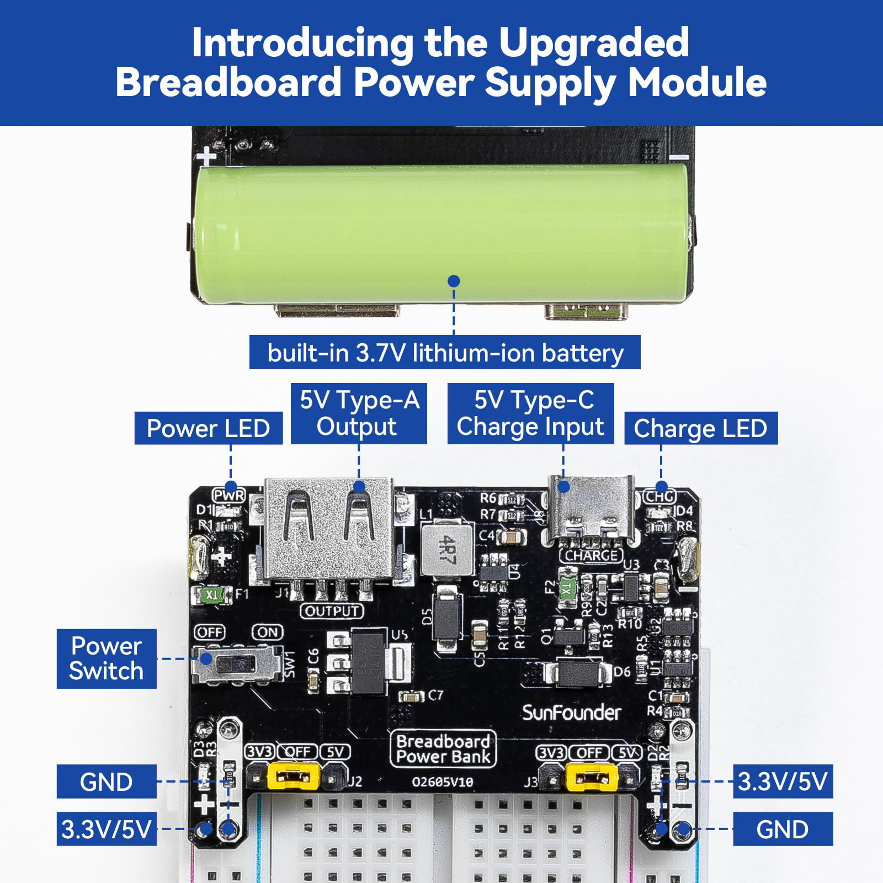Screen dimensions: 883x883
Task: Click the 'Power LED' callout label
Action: point(208,428)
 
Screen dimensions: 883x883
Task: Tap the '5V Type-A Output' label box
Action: point(359,413)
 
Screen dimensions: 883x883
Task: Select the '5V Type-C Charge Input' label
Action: point(530,413)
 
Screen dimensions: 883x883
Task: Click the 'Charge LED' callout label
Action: point(700,428)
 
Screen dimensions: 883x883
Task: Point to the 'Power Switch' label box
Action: point(107,658)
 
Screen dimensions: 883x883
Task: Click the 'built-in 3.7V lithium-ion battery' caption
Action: point(445,353)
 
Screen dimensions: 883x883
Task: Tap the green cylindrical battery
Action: point(441,232)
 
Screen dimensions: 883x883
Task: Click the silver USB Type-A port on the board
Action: point(329,530)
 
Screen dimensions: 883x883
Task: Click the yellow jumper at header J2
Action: point(293,777)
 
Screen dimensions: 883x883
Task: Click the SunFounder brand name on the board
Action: point(571,713)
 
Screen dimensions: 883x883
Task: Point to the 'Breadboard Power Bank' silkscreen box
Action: point(443,749)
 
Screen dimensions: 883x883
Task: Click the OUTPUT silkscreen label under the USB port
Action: point(332,611)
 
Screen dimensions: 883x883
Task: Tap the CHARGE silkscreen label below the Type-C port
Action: point(591,555)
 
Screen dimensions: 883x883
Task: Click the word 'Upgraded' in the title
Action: point(594,42)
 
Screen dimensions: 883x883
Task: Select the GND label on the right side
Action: point(782,829)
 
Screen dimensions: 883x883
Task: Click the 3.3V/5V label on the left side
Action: point(107,829)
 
